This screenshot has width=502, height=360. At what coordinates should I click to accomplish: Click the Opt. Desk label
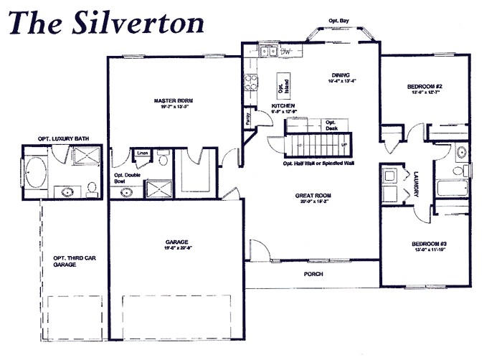click(x=331, y=125)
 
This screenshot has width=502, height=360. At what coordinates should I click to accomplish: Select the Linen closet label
click(x=142, y=152)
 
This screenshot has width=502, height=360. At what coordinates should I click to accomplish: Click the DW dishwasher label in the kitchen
click(x=285, y=51)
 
